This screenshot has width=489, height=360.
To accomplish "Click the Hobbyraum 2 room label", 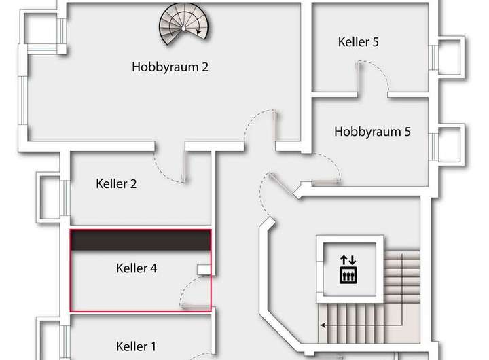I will (x=169, y=67).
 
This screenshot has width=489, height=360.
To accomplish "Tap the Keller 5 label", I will (x=358, y=42).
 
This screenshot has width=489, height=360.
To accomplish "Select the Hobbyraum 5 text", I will (x=372, y=132).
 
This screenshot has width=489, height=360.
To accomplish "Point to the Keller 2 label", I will (x=117, y=183).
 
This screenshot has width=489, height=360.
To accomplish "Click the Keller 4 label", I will (x=137, y=268).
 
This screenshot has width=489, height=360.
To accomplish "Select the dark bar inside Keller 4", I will (x=141, y=241).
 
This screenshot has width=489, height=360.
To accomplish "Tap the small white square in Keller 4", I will (x=203, y=270).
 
